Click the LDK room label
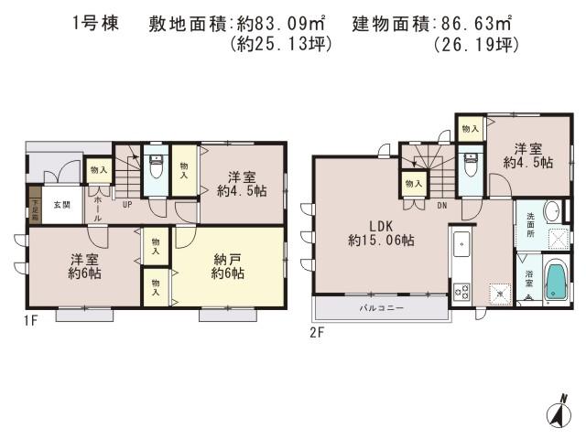(x=381, y=233)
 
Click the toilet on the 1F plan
(x=157, y=166)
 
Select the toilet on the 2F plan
(x=471, y=166)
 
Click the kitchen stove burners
(x=461, y=292)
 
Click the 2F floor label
(x=317, y=331)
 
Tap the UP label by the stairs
(x=127, y=205)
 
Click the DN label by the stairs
(x=441, y=206)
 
